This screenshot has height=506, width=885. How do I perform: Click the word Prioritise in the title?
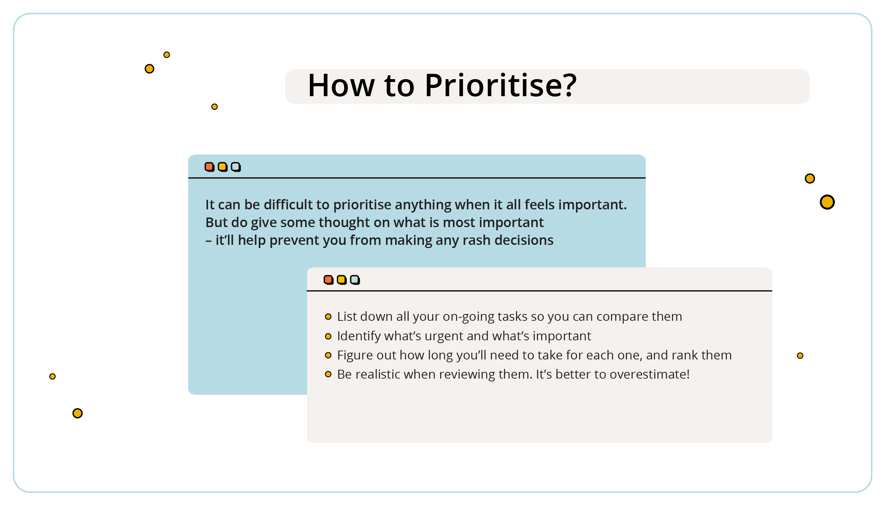[x=495, y=86]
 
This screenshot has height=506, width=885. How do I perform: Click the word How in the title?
[x=341, y=86]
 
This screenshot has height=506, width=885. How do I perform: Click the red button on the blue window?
[x=209, y=167]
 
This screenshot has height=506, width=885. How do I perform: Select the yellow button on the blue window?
[x=223, y=167]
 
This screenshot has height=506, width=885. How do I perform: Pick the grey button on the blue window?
[x=236, y=167]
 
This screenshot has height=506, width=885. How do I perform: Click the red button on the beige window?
[x=329, y=280]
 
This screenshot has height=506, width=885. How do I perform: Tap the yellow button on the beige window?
[x=342, y=280]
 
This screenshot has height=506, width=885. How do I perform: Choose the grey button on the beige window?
[x=355, y=280]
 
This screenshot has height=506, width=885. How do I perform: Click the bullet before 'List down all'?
[x=328, y=317]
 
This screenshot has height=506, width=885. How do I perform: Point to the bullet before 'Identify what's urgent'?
[x=328, y=336]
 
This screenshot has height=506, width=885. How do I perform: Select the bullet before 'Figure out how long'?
[x=328, y=355]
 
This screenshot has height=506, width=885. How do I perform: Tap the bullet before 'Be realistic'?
[x=328, y=374]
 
